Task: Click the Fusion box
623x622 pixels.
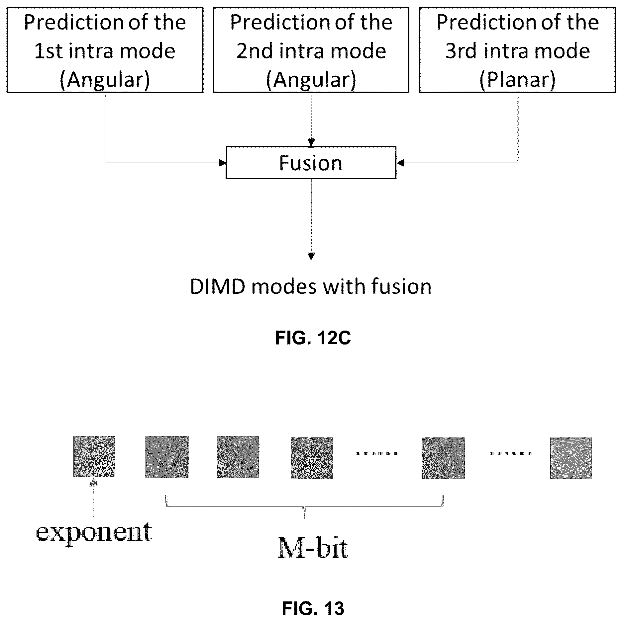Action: pos(311,162)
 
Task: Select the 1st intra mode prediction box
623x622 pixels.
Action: pos(105,50)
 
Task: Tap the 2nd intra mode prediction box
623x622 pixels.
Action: pos(311,50)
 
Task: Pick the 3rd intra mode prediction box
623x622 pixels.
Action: pos(517,50)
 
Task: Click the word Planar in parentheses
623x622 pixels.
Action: pos(518,80)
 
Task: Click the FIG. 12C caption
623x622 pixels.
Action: pos(313,338)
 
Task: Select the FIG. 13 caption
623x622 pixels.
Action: pos(313,608)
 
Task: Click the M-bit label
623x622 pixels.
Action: pos(313,548)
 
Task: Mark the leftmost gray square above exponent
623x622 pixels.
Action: pos(94,456)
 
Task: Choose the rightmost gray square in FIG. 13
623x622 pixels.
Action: pos(571,458)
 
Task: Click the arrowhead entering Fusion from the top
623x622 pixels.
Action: pos(311,142)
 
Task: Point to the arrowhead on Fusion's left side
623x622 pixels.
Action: pos(222,163)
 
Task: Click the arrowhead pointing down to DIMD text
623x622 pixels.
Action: pos(311,257)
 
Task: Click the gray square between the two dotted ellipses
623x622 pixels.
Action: pos(443,458)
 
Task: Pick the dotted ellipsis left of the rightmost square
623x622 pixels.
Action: pos(511,453)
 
